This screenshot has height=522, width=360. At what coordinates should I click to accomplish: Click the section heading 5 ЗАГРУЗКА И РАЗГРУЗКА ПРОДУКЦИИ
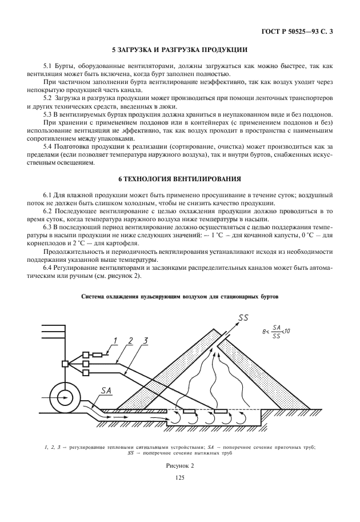179,50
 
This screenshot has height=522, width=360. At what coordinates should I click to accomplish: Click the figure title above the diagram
180,297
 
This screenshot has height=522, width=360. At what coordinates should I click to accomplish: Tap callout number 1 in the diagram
115,341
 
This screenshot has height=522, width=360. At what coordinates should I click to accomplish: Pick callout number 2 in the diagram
130,341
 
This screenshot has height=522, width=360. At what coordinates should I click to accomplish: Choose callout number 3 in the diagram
146,341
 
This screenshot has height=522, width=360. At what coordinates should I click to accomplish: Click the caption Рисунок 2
180,466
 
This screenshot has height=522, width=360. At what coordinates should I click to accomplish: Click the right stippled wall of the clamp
254,372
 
